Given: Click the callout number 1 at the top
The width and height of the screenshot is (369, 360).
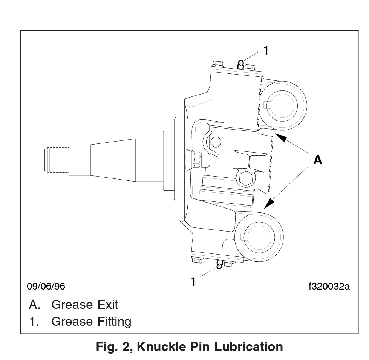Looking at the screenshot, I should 266,50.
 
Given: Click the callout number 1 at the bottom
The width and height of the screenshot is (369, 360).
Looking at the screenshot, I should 193,281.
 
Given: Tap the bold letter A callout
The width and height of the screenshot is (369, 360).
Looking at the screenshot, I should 318,160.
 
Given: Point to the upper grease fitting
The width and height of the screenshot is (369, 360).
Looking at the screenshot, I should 241,64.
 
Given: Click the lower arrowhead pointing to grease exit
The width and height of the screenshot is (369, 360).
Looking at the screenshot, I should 269,204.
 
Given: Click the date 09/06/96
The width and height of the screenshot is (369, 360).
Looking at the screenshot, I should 46,287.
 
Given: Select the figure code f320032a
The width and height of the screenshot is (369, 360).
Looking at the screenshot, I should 329,287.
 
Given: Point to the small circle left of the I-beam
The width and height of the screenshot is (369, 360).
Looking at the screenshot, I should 216,142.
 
